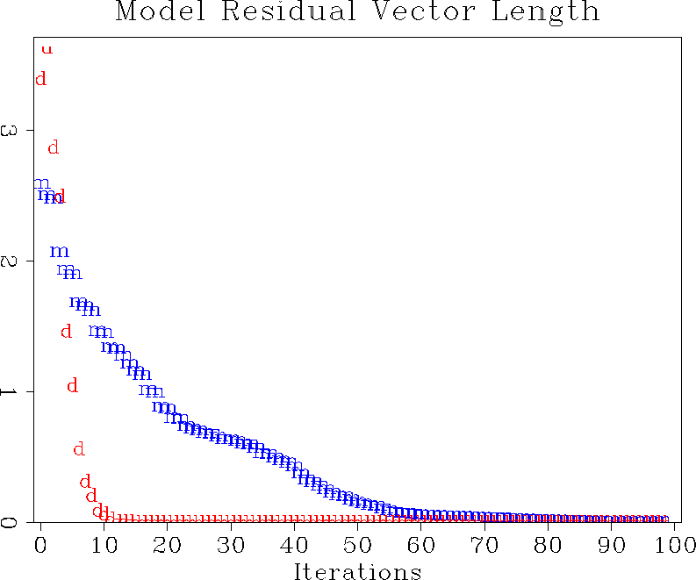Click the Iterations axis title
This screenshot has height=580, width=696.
coord(357,571)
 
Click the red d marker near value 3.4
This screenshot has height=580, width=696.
coord(40,79)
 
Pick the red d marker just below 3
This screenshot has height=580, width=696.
coord(53,147)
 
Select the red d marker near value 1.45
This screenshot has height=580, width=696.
coord(66,331)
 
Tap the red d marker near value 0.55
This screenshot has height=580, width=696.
coord(78,449)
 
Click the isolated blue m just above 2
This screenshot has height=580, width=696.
coord(59,251)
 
